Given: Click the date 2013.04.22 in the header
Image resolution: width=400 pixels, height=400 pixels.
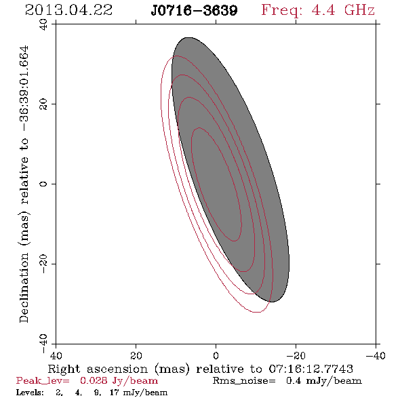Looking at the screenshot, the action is (68, 10).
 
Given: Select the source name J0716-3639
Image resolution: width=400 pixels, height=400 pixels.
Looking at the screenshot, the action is (194, 10).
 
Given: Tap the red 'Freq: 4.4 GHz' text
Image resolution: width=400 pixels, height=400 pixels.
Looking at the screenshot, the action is (318, 10).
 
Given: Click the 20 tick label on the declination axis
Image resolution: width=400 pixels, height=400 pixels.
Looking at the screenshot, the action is (43, 104).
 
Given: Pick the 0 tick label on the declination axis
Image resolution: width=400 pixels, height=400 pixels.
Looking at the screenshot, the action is (43, 184).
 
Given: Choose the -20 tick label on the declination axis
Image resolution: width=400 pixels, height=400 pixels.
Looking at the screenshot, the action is (43, 264).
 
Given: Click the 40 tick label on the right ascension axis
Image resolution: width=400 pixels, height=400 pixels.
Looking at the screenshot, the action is (56, 356).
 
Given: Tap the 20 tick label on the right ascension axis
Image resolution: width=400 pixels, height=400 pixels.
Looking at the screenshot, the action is (136, 356).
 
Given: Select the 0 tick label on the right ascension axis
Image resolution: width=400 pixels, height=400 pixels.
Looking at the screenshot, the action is (216, 356).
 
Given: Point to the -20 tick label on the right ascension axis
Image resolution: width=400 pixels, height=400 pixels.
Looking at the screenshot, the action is (296, 356).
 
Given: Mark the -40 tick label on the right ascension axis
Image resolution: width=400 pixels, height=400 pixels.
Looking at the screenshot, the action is (376, 356).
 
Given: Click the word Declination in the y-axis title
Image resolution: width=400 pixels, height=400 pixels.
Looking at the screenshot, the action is (24, 287).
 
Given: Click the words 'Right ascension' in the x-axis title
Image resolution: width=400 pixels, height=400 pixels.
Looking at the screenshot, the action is (98, 369).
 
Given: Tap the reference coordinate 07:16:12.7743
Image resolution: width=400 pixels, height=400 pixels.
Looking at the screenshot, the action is (311, 369).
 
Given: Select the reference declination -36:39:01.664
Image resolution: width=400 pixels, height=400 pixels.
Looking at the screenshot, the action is (24, 89).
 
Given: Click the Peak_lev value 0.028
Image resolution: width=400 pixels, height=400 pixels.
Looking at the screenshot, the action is (94, 381).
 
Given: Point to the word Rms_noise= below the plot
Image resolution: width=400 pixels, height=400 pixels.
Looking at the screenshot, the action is (244, 381).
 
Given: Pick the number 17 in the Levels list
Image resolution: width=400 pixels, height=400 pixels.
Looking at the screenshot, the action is (115, 393).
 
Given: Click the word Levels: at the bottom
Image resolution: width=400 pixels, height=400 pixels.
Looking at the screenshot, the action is (30, 393).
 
